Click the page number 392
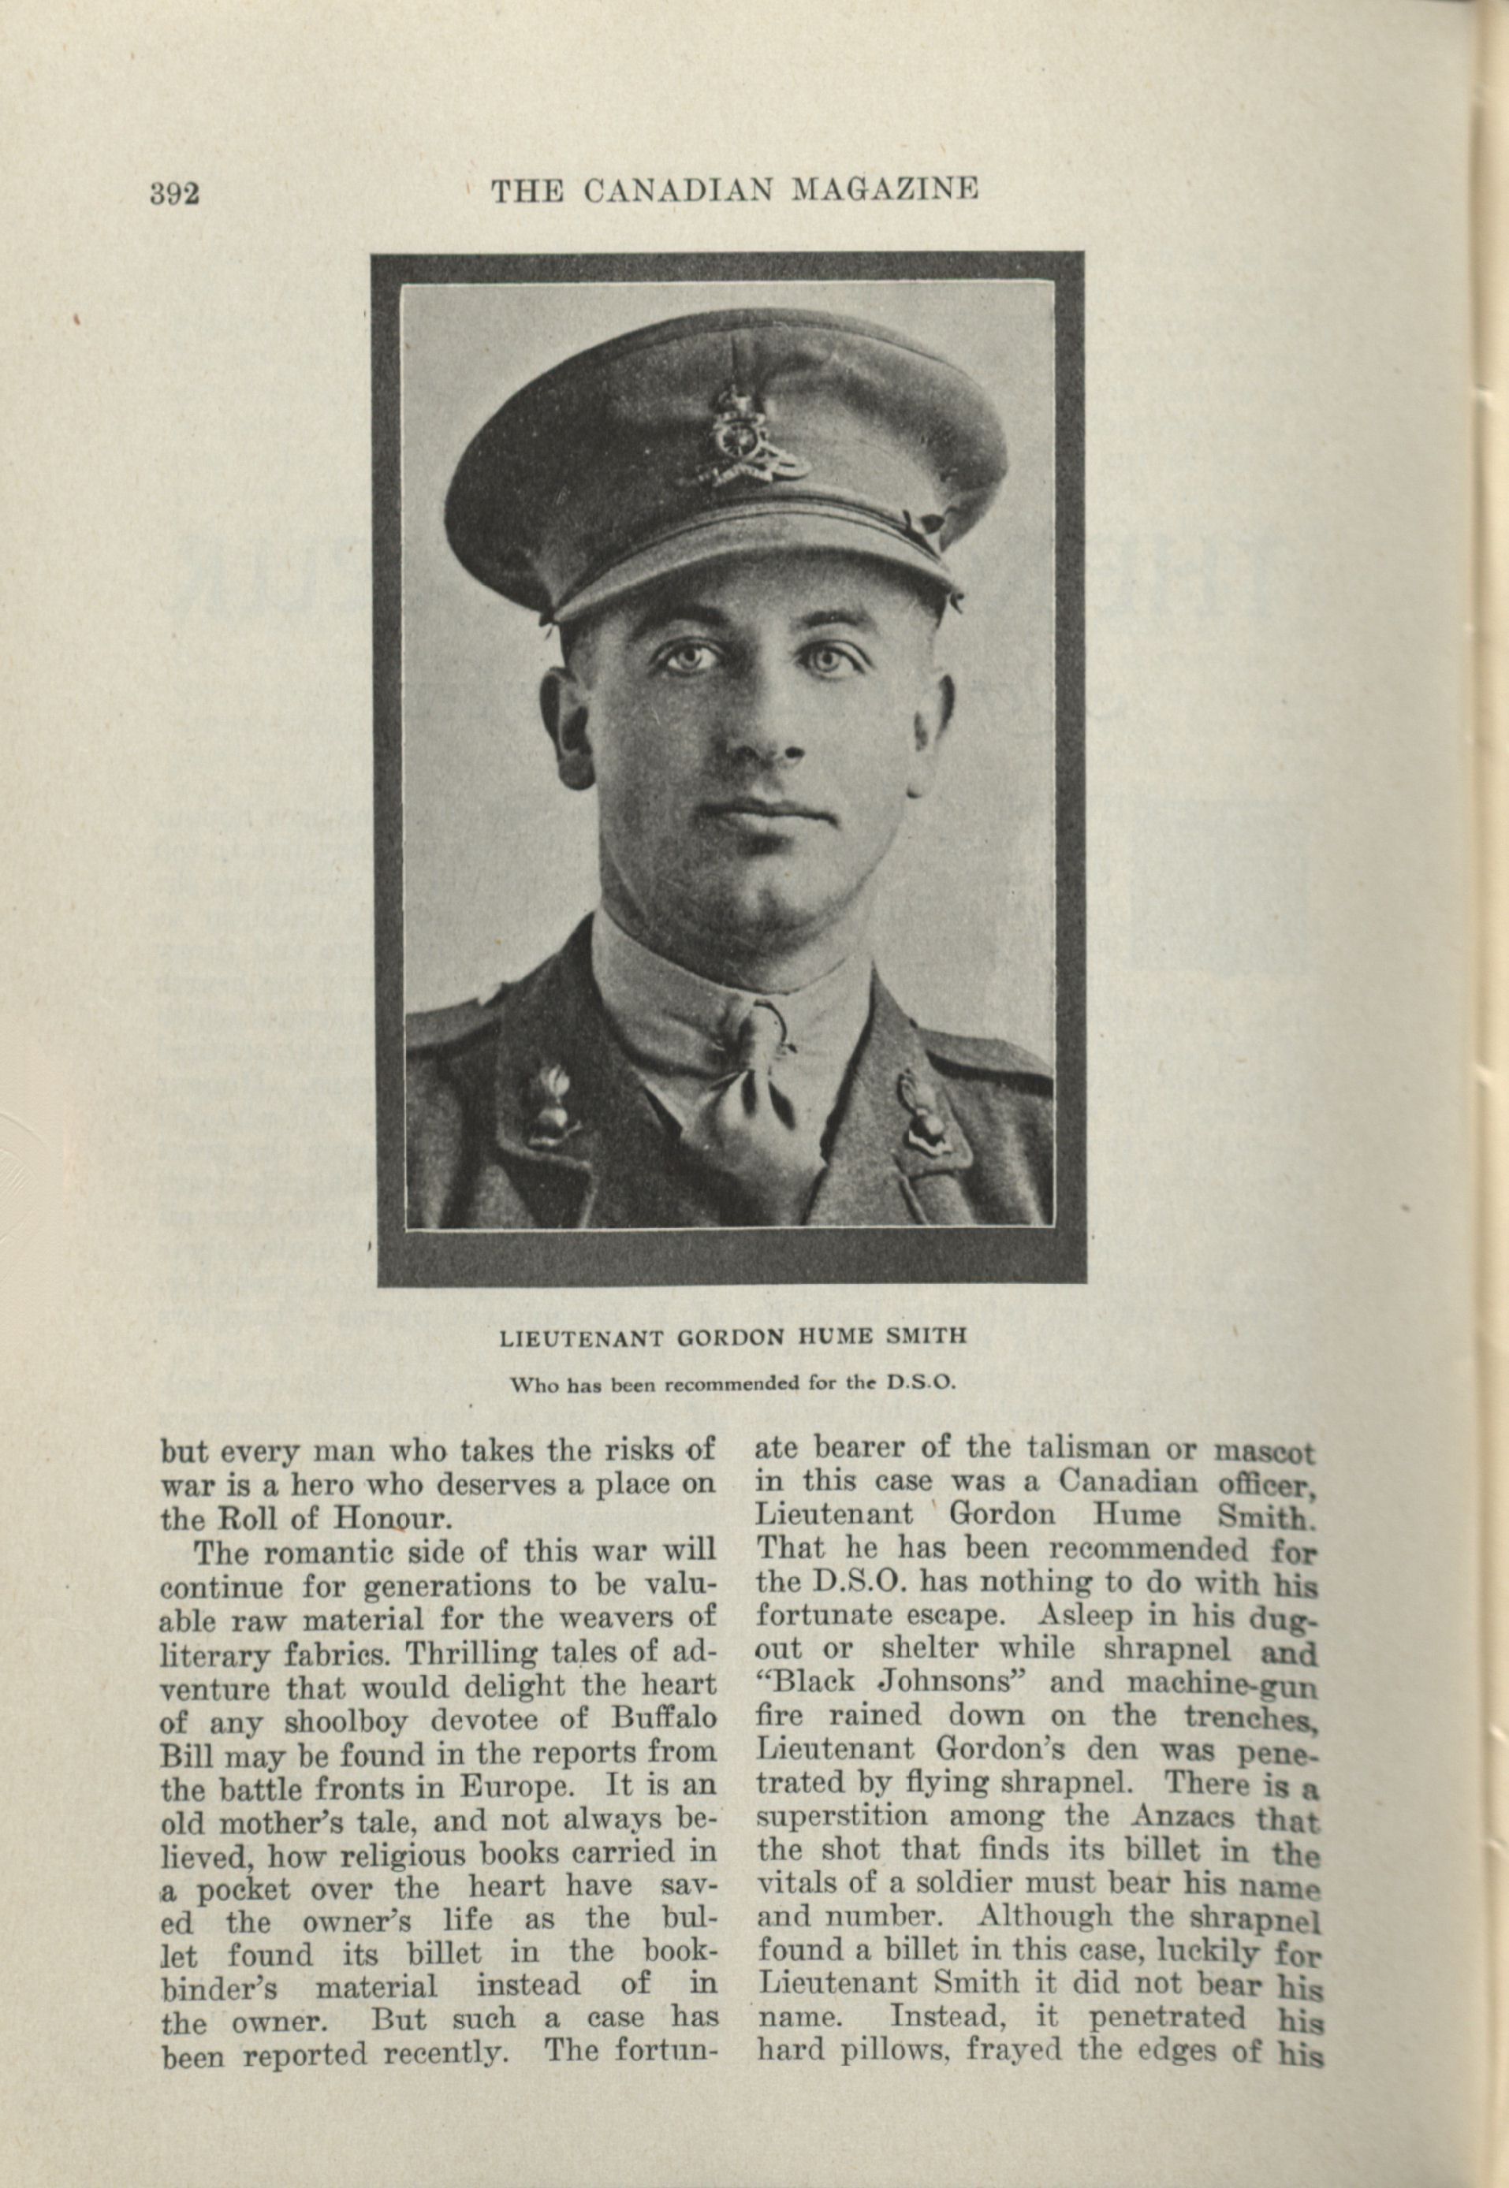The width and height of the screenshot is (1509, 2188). click(174, 194)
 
